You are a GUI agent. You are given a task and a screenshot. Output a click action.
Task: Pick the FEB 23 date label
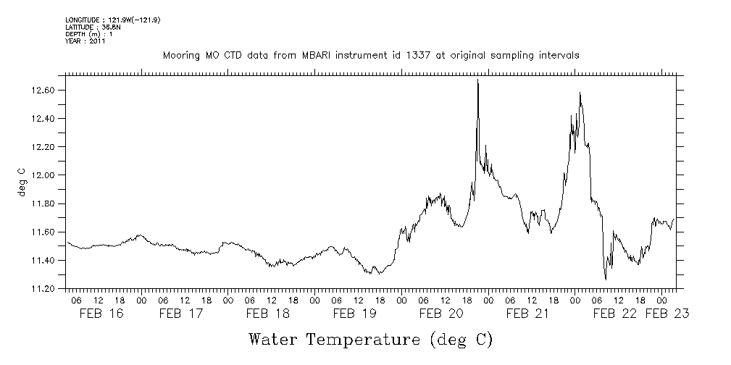point(667,314)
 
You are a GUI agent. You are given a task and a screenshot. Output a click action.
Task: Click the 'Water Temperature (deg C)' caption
point(371,339)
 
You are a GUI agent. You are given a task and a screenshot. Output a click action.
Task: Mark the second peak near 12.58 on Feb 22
point(580,93)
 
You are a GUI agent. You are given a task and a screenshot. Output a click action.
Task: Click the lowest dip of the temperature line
point(605,279)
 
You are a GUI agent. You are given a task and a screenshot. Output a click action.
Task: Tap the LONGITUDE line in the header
point(112,20)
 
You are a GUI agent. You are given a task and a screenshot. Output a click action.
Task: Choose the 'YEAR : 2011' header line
point(85,41)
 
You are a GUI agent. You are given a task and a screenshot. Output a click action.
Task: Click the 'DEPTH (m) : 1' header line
point(89,34)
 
